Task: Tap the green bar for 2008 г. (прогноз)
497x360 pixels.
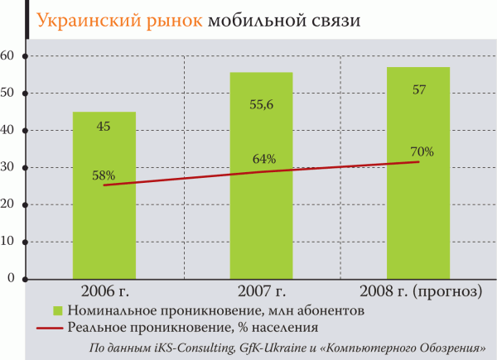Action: tap(418, 223)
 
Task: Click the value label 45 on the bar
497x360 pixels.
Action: tap(104, 127)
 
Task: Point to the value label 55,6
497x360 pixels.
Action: tap(261, 106)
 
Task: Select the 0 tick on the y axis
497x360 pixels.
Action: tap(12, 279)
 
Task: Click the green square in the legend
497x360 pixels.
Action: tap(58, 311)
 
